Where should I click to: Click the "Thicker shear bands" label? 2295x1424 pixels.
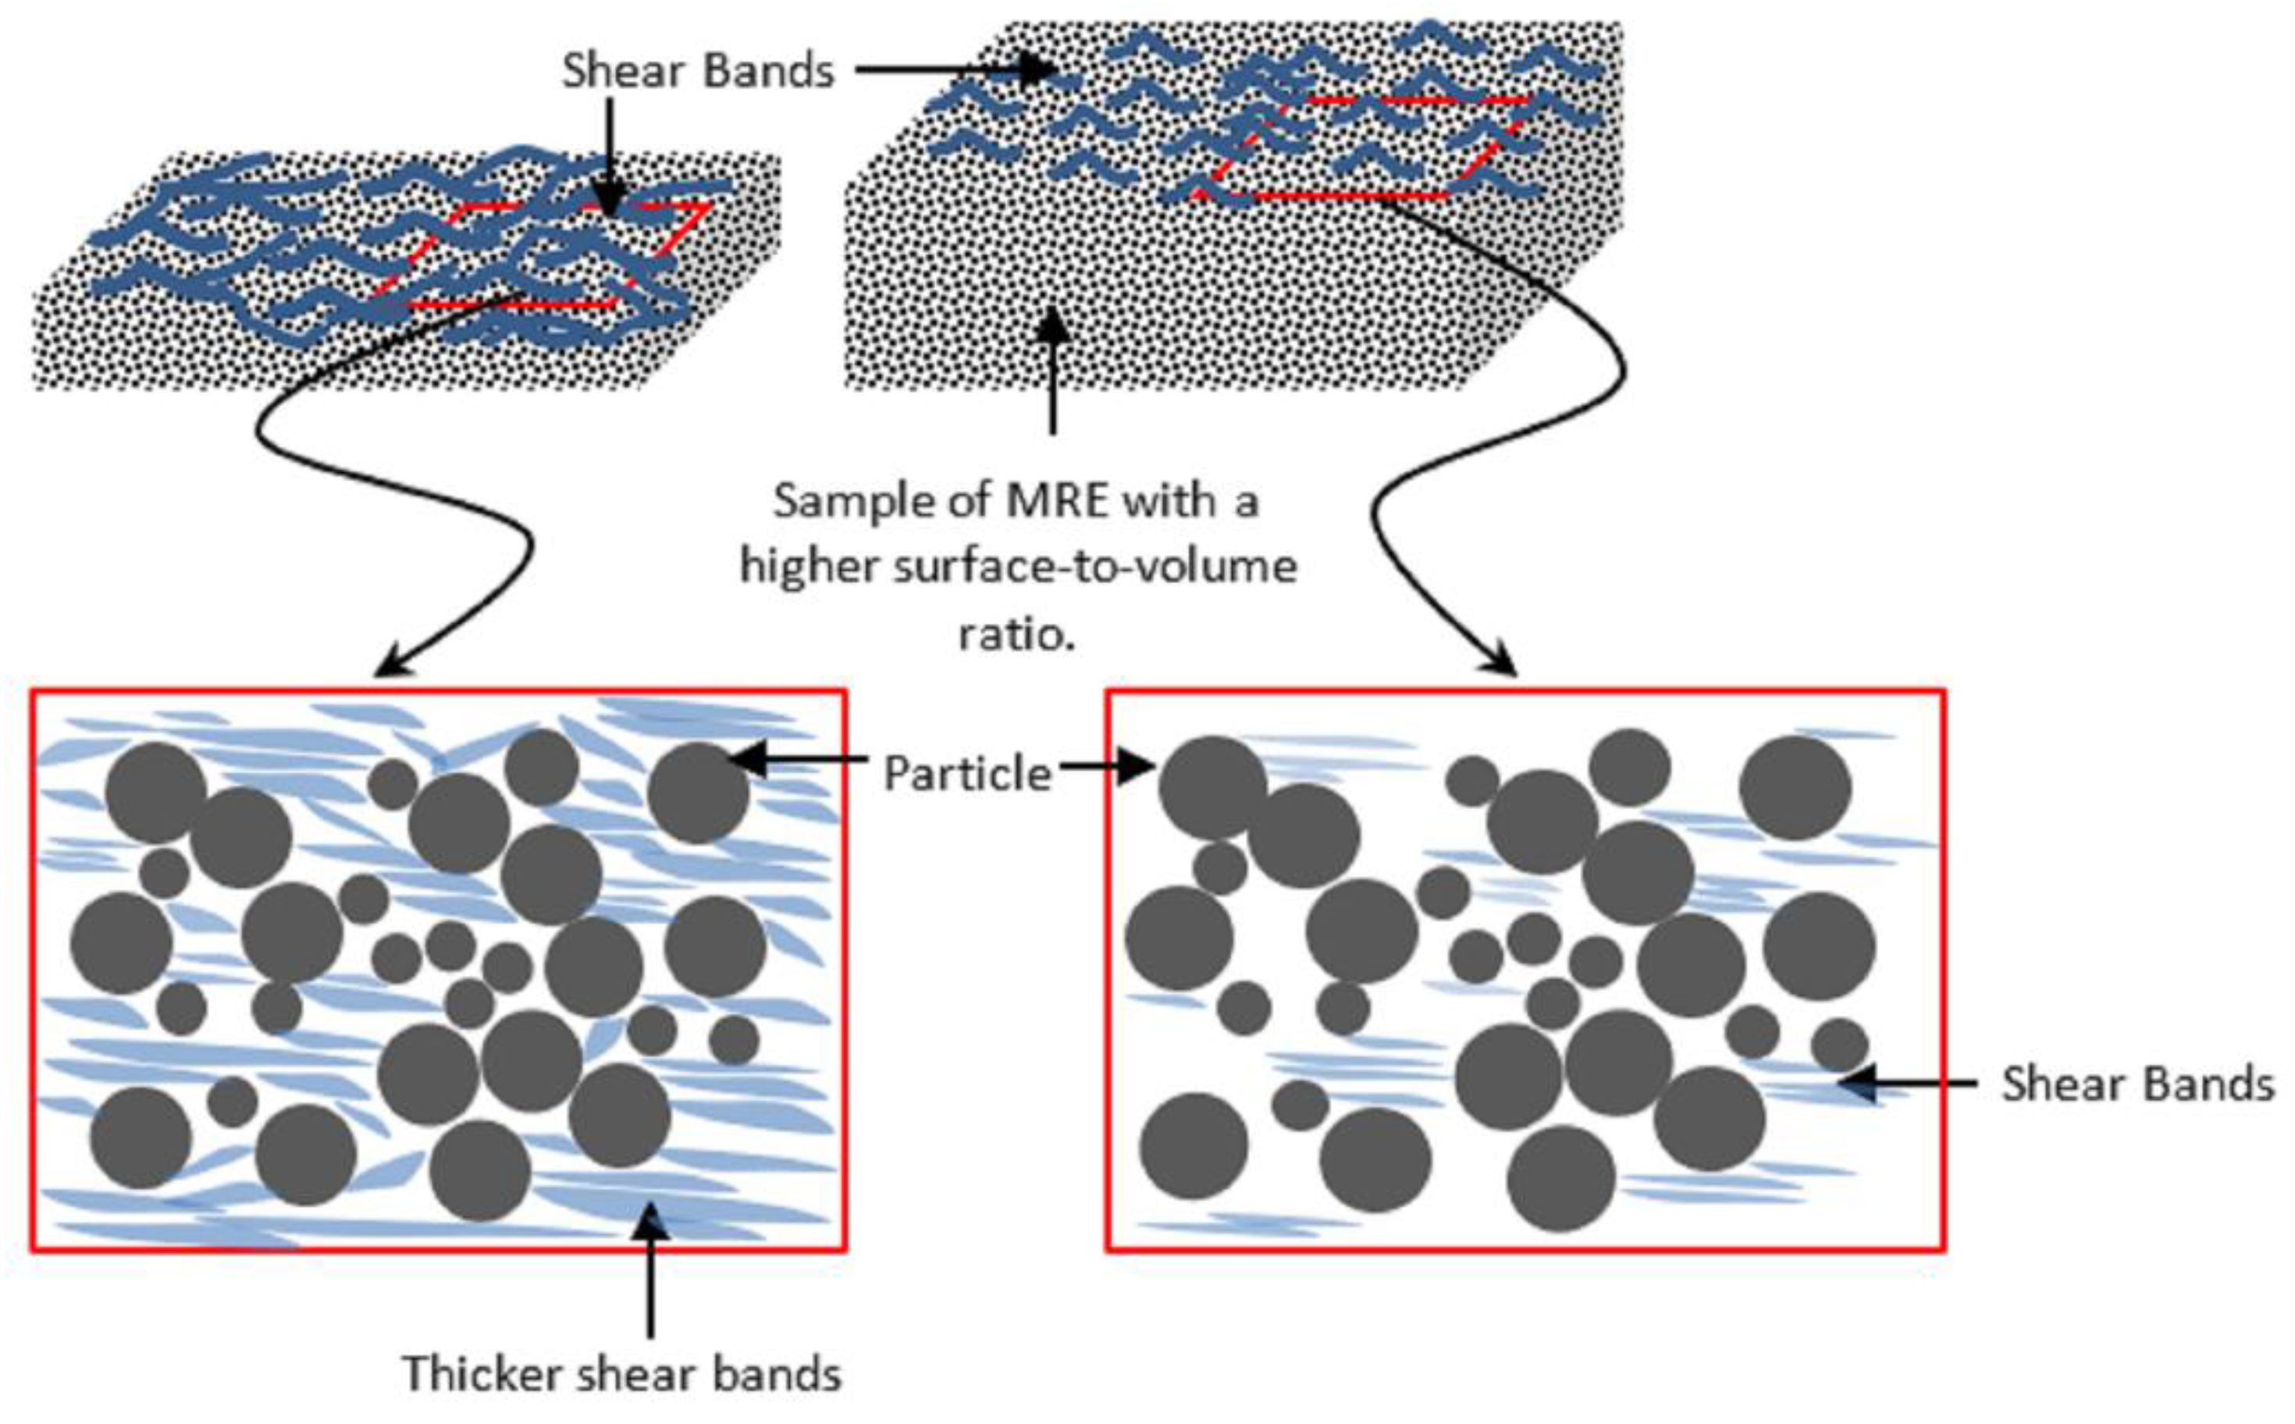click(621, 1373)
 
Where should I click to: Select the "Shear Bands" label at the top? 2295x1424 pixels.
click(698, 70)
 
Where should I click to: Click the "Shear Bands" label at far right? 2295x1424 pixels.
click(2137, 1084)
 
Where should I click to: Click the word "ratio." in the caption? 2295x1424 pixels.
click(1016, 634)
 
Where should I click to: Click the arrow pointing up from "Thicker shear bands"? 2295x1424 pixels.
click(649, 1272)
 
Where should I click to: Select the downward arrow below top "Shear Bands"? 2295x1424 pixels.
click(610, 155)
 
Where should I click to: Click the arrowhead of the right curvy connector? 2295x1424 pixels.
click(1501, 662)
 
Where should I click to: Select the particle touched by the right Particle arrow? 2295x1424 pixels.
click(1212, 786)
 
